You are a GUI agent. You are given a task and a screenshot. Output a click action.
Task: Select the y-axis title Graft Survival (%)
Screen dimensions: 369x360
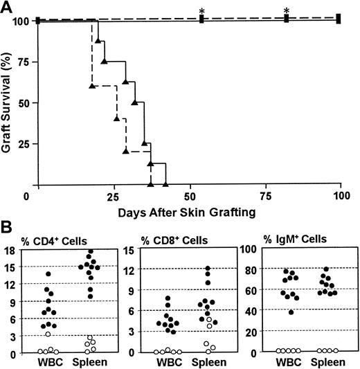pos(8,103)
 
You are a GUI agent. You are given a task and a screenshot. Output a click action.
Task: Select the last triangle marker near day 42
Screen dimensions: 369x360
pos(165,185)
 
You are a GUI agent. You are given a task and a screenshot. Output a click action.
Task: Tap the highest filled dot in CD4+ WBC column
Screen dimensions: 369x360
pos(49,274)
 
